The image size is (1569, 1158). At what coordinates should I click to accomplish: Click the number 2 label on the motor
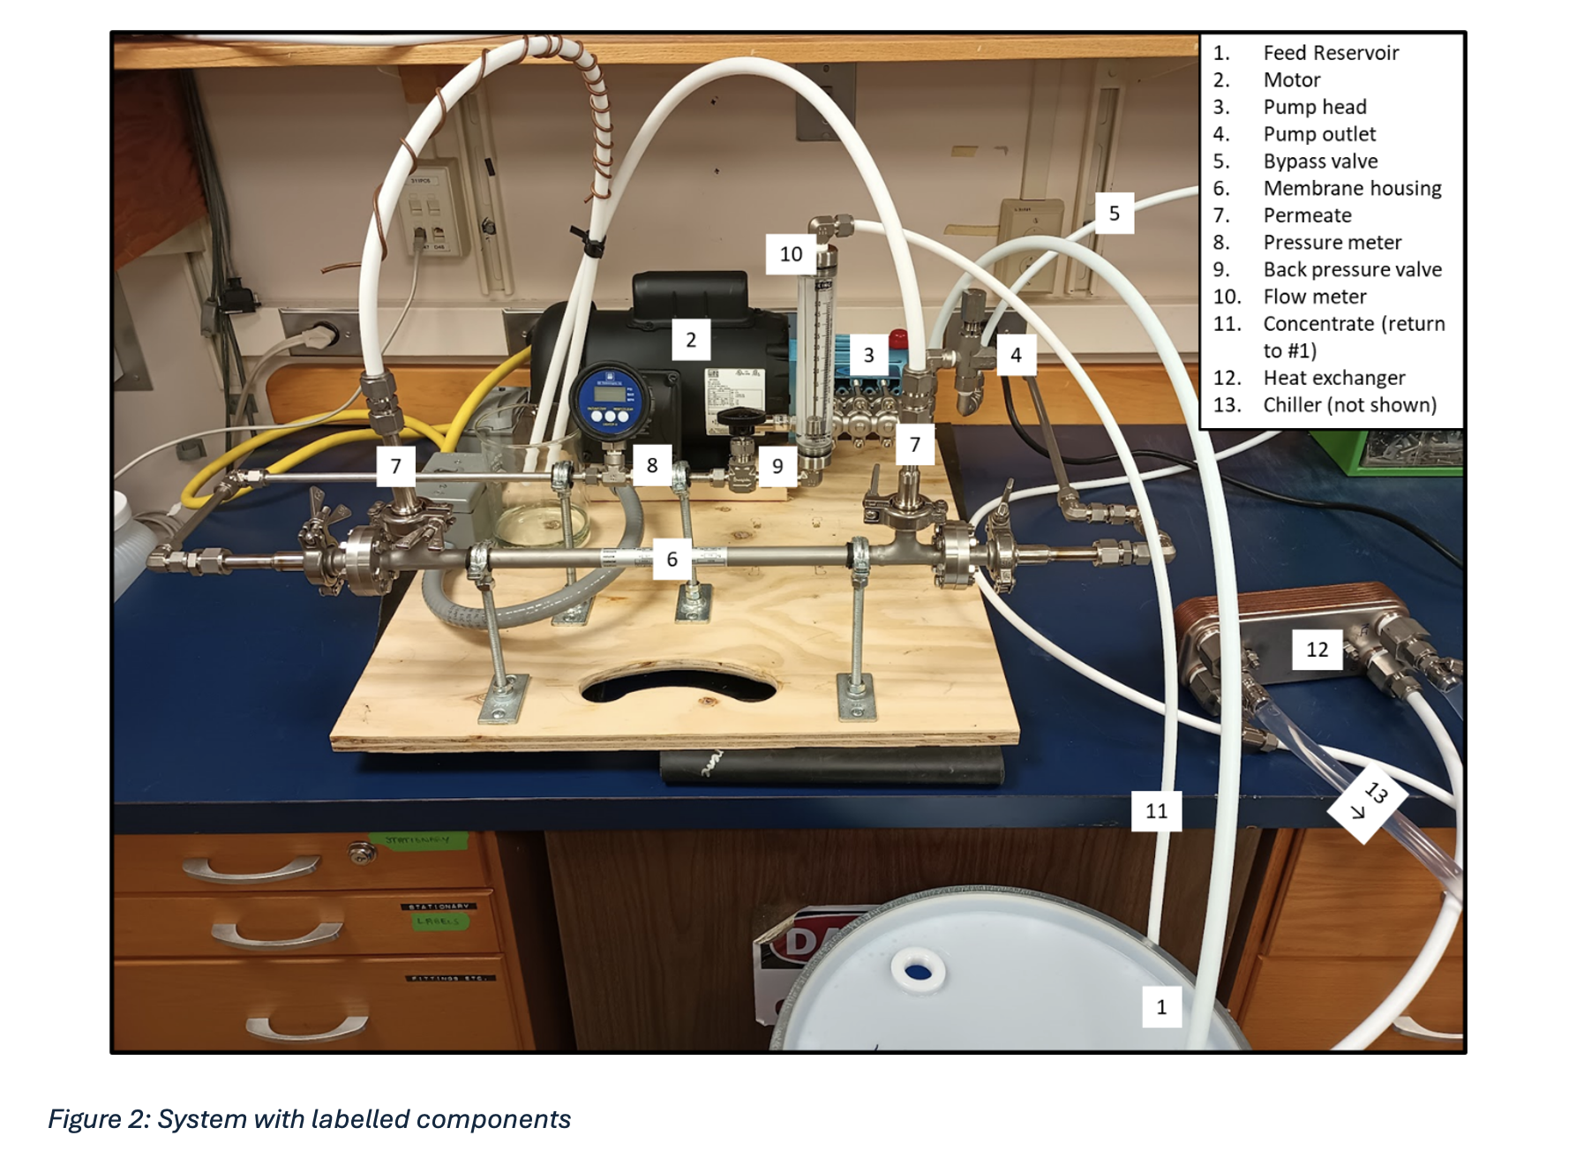point(690,340)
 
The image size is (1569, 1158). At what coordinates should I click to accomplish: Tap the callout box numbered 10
point(790,254)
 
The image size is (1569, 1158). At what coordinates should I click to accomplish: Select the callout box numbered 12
point(1317,650)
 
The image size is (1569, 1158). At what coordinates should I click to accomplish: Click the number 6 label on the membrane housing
point(672,559)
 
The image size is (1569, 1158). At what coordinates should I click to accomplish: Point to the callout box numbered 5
point(1114,214)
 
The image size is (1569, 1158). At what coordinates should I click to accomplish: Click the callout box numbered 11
point(1156,811)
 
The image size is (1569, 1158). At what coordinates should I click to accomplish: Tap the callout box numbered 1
point(1161,1007)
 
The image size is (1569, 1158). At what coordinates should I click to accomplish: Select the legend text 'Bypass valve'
point(1319,162)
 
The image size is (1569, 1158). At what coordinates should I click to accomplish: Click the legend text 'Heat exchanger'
point(1333,378)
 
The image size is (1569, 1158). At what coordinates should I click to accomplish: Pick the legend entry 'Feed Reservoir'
point(1330,53)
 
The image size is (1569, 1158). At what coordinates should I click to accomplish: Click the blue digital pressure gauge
point(608,402)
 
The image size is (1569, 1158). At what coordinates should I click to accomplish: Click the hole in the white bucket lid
point(918,972)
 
